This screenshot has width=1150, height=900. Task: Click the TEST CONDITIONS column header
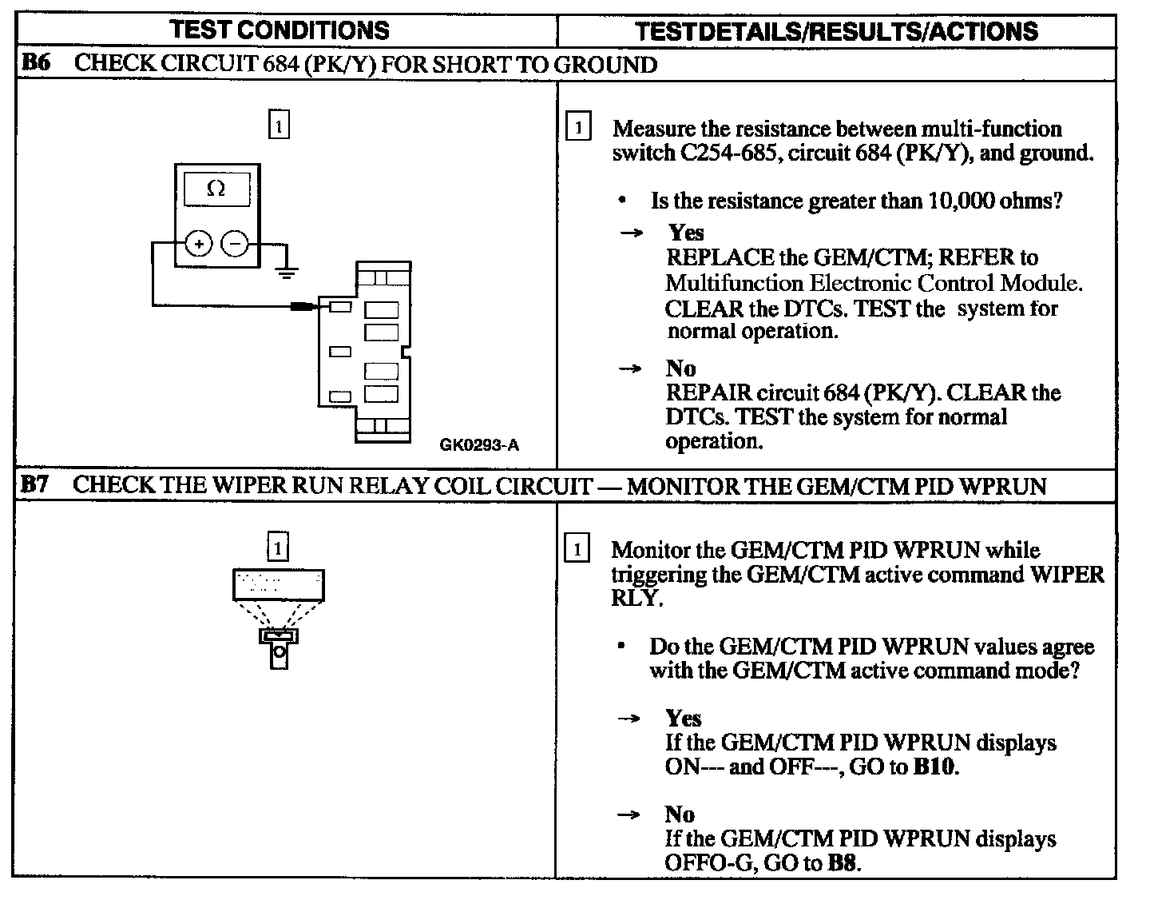click(x=280, y=30)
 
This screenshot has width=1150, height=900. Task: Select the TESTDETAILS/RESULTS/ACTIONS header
click(x=836, y=31)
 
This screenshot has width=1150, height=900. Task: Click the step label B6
click(x=36, y=63)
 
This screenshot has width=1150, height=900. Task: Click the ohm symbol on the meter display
click(x=216, y=189)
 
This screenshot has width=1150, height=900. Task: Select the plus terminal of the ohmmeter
click(x=198, y=243)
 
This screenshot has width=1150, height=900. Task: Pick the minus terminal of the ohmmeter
click(x=235, y=243)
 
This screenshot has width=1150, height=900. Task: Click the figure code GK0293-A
click(x=479, y=445)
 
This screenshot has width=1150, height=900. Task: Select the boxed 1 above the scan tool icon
click(x=277, y=548)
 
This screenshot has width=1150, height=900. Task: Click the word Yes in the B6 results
click(x=686, y=233)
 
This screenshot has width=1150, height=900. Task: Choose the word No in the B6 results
click(x=680, y=368)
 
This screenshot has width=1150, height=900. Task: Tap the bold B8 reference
click(x=843, y=863)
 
